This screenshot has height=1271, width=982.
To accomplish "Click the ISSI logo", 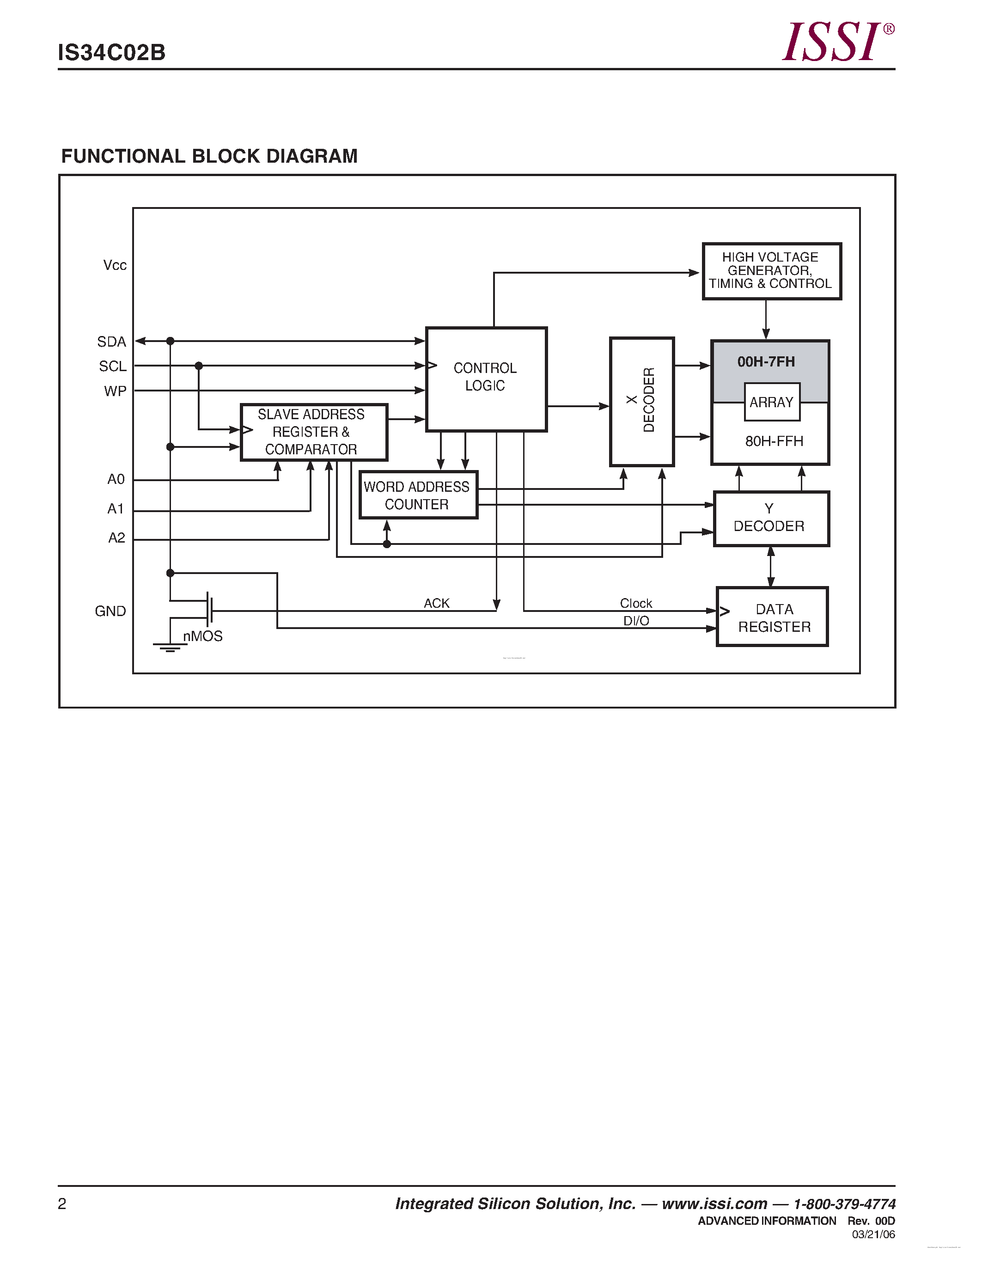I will pyautogui.click(x=836, y=42).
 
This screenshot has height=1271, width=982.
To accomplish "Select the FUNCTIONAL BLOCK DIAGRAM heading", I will pyautogui.click(x=209, y=156).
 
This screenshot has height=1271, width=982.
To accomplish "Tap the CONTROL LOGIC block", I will pyautogui.click(x=486, y=378).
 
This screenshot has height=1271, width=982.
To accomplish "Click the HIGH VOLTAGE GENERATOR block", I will pyautogui.click(x=771, y=271).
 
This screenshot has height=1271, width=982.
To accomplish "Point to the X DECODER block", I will pyautogui.click(x=642, y=401).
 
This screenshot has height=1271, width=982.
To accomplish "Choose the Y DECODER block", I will pyautogui.click(x=771, y=518).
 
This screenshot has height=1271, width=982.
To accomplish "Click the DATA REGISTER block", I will pyautogui.click(x=772, y=617).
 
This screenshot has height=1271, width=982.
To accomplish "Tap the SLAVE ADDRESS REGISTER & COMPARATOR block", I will pyautogui.click(x=314, y=432).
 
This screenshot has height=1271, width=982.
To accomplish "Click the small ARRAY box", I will pyautogui.click(x=771, y=402).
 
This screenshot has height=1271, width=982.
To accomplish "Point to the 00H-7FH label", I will pyautogui.click(x=766, y=362).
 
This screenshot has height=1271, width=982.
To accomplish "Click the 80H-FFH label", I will pyautogui.click(x=774, y=441).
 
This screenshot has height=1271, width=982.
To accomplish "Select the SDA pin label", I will pyautogui.click(x=112, y=342).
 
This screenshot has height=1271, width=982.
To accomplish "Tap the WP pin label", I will pyautogui.click(x=115, y=391).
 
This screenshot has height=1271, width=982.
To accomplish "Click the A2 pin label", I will pyautogui.click(x=116, y=538).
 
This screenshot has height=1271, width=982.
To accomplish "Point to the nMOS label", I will pyautogui.click(x=202, y=636).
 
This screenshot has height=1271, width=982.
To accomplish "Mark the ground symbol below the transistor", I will pyautogui.click(x=170, y=647).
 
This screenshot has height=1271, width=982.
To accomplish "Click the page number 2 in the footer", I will pyautogui.click(x=62, y=1204).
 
